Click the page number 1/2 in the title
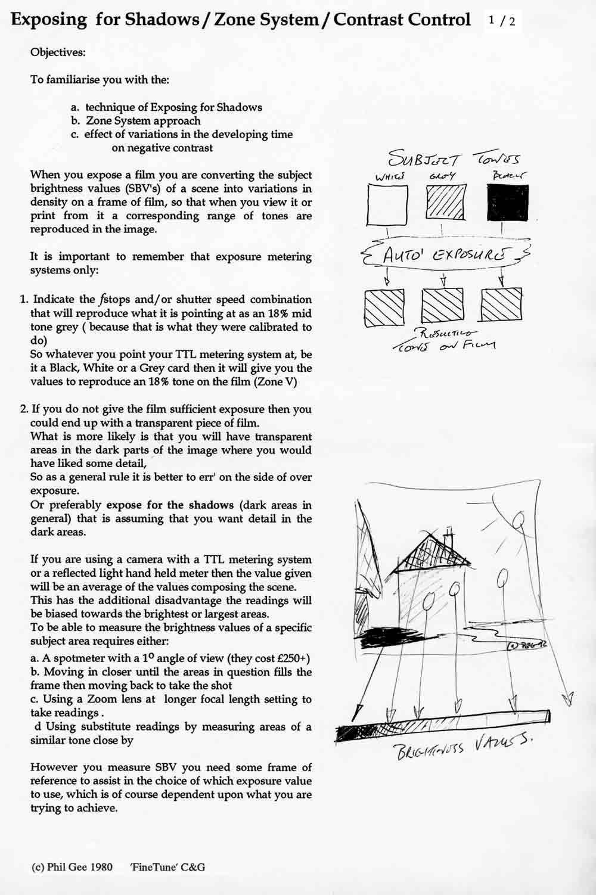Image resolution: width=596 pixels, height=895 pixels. [x=501, y=20]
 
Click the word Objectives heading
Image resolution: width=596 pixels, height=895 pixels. [x=58, y=52]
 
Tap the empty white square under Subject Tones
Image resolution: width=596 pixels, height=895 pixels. [x=387, y=204]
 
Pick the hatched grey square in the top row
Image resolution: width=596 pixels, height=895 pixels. [x=445, y=203]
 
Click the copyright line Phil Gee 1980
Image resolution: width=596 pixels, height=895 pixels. [x=72, y=867]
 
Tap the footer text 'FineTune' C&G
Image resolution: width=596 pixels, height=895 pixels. [x=167, y=867]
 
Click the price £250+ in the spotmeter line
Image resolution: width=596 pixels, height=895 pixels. [x=293, y=658]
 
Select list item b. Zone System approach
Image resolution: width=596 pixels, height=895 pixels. [x=135, y=121]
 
